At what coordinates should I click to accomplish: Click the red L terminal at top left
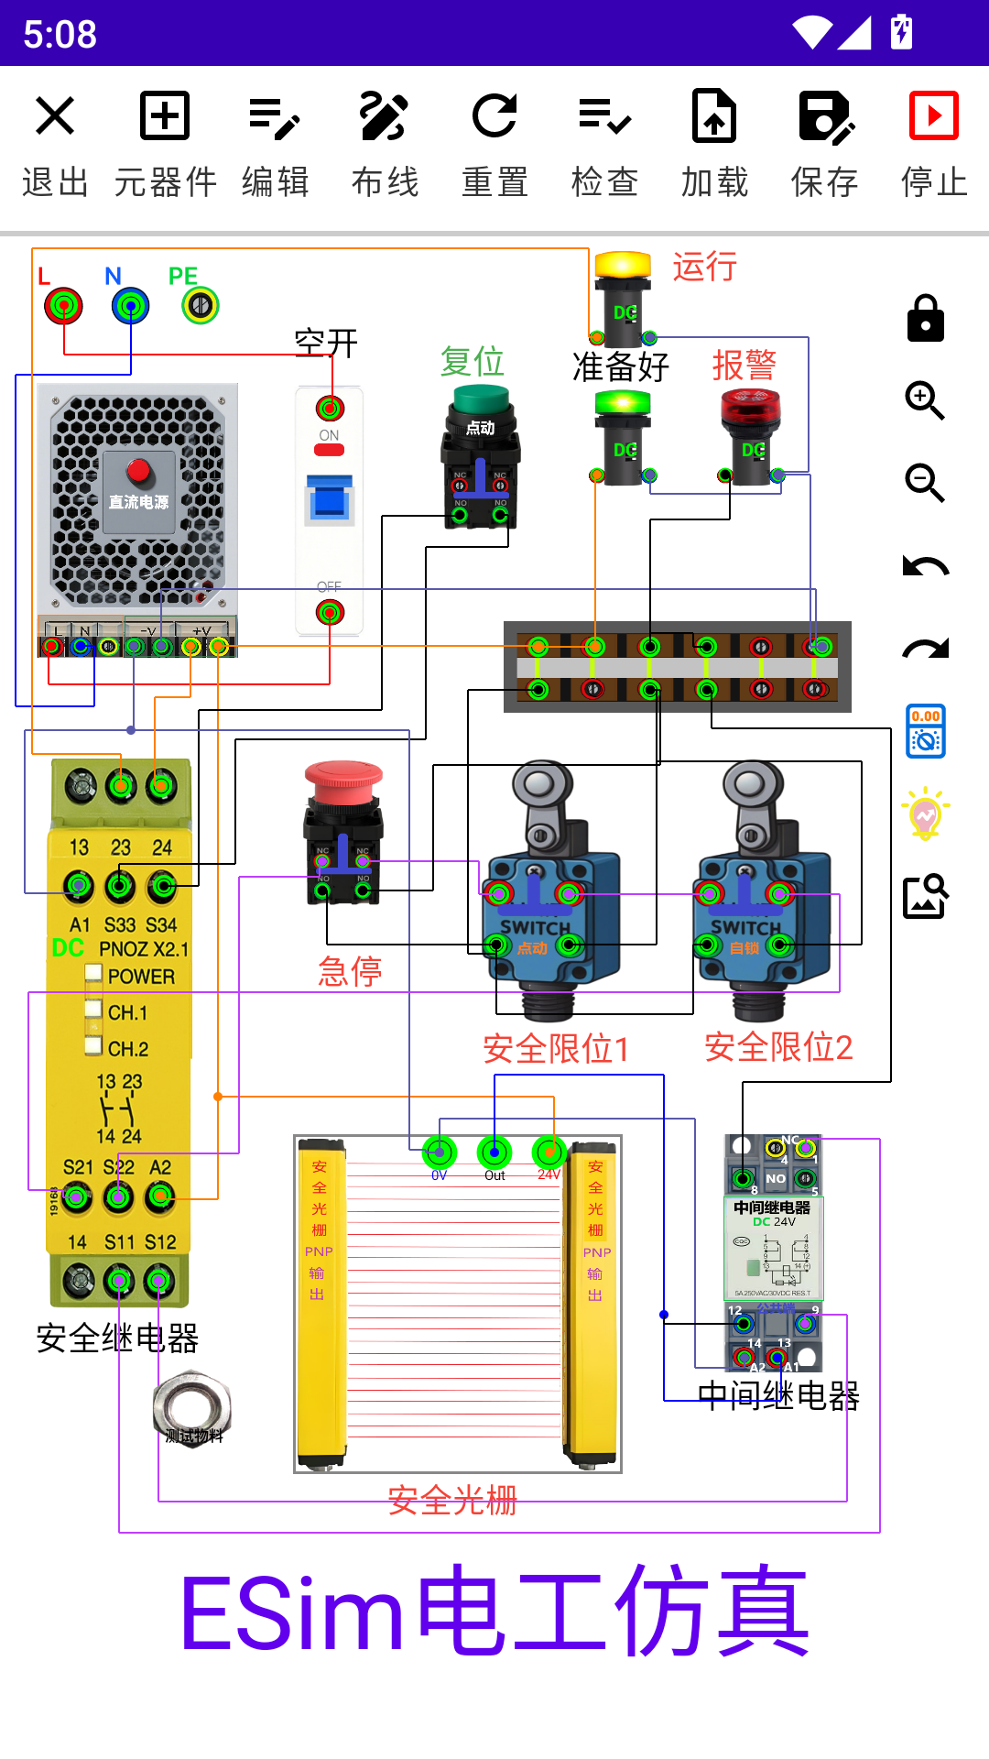(x=63, y=306)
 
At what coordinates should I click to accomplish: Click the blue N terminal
(x=130, y=306)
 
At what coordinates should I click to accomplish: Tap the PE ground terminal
(x=201, y=306)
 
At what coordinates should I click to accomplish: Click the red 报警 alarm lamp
(x=751, y=408)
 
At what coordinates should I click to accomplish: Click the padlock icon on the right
(x=925, y=318)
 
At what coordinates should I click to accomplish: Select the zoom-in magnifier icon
(x=925, y=400)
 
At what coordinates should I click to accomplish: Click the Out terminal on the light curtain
(x=494, y=1152)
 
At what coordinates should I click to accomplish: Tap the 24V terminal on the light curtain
(x=549, y=1152)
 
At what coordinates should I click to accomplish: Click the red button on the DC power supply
(x=138, y=471)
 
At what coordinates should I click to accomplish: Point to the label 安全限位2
(x=778, y=1047)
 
